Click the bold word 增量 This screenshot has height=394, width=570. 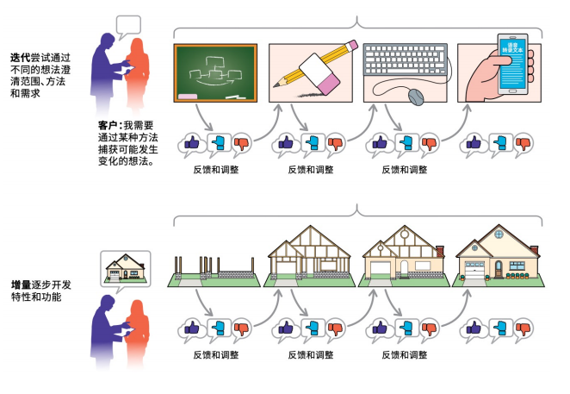tap(21, 284)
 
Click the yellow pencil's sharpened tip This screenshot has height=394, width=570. tap(277, 85)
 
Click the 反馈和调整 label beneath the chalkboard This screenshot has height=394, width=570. tap(216, 169)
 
